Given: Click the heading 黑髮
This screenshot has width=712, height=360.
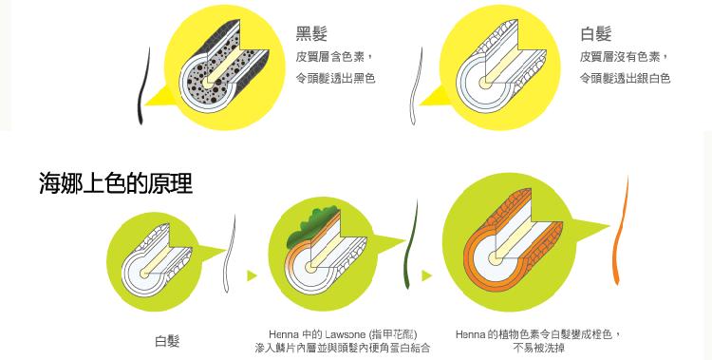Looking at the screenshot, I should click(311, 35).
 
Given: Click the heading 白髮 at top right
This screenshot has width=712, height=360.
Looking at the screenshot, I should click(595, 35).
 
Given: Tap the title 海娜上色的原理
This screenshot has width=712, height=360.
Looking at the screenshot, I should click(115, 182).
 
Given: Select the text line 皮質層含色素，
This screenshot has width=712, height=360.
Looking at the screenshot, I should click(335, 57).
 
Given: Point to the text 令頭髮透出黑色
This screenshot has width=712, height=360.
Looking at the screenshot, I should click(335, 78).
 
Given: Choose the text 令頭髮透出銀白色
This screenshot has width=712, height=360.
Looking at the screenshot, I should click(626, 78).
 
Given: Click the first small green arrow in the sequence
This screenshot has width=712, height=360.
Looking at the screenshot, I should click(252, 275).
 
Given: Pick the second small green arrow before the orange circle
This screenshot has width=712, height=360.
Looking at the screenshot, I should click(427, 275).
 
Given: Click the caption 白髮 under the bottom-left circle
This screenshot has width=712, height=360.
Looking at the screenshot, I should click(167, 340).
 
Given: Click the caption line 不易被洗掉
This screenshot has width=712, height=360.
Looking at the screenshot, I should click(538, 349).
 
